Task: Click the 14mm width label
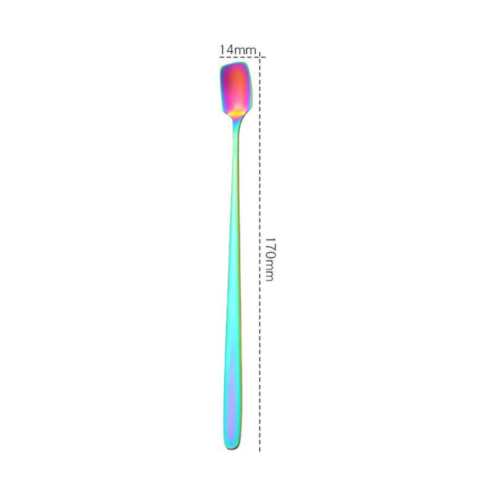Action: [x=236, y=49]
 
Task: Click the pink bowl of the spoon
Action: [x=235, y=86]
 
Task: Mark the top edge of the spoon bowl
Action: [x=235, y=64]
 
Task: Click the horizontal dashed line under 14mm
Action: [x=241, y=57]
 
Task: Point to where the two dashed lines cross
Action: [x=260, y=57]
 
